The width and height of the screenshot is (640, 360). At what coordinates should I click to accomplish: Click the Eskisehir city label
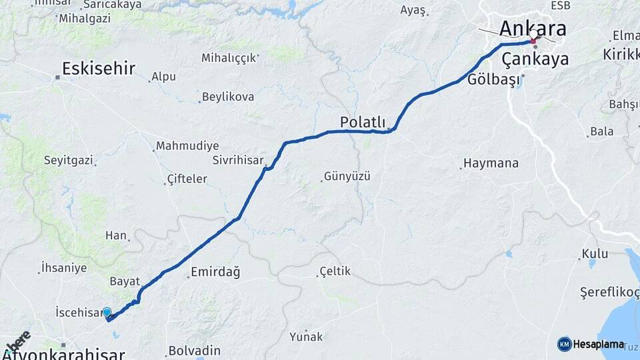click(99, 68)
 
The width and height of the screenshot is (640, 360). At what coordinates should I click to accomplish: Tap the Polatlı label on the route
click(363, 122)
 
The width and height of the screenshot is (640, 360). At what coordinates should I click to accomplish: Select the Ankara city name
click(533, 29)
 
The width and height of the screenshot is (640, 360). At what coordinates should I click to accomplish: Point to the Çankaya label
click(535, 59)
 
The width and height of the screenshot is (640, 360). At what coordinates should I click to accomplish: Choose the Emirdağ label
click(215, 272)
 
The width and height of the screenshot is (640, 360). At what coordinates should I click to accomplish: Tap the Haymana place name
click(491, 163)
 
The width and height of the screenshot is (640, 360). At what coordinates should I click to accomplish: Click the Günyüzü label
click(347, 177)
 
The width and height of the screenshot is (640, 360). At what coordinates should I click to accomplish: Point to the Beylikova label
click(227, 97)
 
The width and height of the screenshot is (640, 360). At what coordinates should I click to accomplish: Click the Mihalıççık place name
click(229, 58)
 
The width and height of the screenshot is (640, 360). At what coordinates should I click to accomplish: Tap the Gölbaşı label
click(493, 79)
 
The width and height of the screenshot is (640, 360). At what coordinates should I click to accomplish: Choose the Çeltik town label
click(335, 271)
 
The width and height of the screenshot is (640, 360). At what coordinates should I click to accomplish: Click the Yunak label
click(306, 337)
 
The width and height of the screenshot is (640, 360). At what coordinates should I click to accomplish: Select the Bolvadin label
click(194, 350)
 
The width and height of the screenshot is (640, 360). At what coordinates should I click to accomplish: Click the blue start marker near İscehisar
click(107, 312)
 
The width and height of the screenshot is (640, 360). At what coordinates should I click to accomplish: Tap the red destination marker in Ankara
click(533, 41)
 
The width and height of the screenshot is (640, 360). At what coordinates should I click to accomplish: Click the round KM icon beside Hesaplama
click(564, 344)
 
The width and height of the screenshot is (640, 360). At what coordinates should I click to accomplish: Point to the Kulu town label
click(595, 254)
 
